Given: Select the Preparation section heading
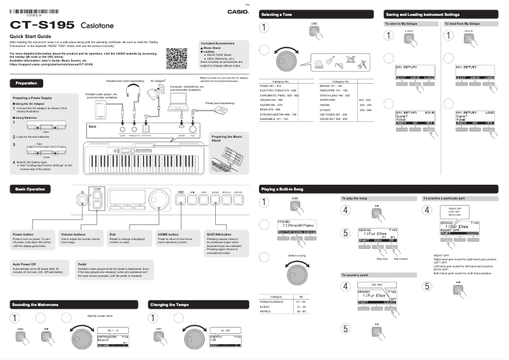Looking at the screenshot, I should [x=26, y=83].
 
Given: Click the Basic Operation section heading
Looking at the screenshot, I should [x=30, y=189].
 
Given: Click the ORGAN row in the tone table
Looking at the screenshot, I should [x=271, y=99].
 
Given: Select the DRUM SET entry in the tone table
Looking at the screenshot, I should [x=333, y=118].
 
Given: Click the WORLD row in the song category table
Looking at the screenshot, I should [x=266, y=312].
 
